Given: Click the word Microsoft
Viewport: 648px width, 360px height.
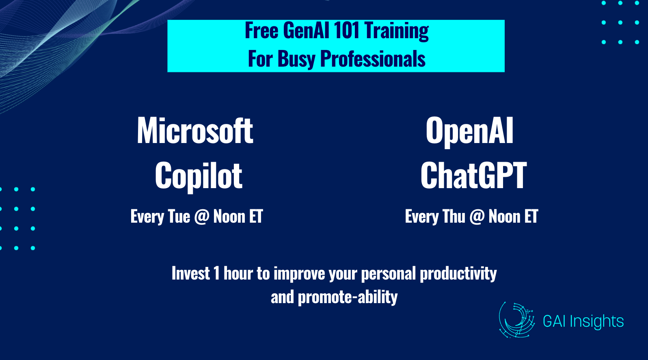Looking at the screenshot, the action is (195, 130).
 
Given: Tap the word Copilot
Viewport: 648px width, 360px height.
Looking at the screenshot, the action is (199, 176).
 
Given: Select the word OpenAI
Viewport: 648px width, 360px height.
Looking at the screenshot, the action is (469, 132).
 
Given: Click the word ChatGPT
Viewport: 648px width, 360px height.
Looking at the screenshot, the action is (473, 176).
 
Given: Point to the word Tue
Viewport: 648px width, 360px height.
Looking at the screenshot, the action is (179, 216).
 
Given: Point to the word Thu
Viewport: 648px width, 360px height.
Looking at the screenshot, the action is (454, 216).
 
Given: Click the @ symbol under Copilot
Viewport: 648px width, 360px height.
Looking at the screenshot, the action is (202, 217).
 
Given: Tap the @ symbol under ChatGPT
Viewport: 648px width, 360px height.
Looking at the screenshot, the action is (477, 217).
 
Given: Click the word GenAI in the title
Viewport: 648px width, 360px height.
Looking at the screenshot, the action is (307, 30).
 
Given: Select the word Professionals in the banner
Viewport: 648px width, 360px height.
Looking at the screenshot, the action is (373, 59).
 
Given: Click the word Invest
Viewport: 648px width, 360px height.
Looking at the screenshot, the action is (191, 273).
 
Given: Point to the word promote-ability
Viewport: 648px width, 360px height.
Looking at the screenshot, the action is (348, 297).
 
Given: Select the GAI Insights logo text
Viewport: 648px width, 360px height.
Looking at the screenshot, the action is (583, 321).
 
